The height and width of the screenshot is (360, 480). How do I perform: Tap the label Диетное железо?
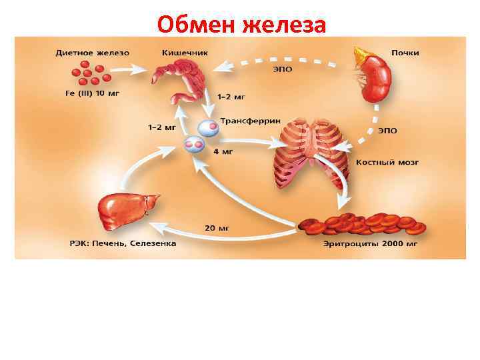(x=93, y=52)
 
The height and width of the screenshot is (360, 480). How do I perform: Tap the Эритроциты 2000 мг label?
(x=370, y=244)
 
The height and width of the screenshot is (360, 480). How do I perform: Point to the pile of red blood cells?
(x=360, y=224)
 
